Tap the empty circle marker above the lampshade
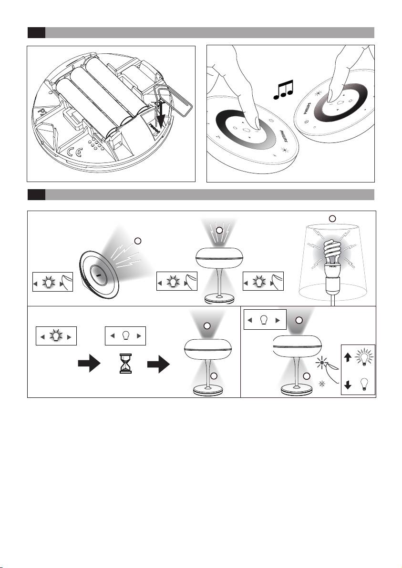point(333,218)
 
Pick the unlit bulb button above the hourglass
point(125,336)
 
